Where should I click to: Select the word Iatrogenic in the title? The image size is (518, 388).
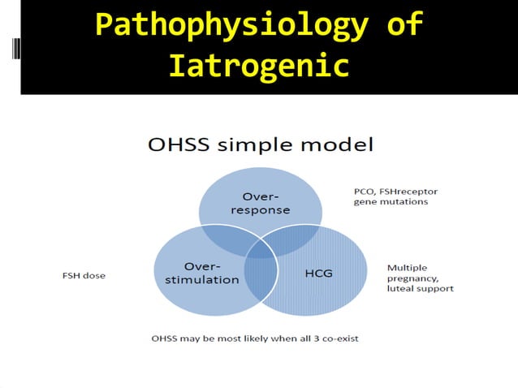(259, 65)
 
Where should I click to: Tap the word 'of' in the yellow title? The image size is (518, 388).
(404, 24)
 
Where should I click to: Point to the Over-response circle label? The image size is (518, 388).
(260, 203)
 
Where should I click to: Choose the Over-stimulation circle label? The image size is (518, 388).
(200, 273)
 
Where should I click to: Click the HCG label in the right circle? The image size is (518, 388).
(317, 273)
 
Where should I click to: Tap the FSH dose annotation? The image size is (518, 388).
(84, 275)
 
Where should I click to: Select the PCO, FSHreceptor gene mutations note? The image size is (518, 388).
(395, 196)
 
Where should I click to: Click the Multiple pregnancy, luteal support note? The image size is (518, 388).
(420, 278)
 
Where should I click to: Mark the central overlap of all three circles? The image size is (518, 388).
(261, 248)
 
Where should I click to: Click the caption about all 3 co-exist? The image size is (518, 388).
(254, 338)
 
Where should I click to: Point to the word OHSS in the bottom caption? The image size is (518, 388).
(165, 338)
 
